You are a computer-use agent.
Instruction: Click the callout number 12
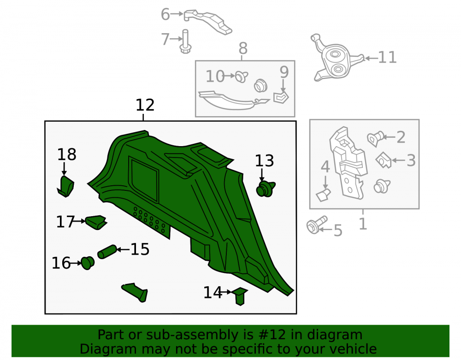click(145, 105)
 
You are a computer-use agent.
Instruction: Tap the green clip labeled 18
click(65, 186)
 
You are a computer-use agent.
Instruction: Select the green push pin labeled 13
click(266, 189)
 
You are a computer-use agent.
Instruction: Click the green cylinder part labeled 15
click(107, 252)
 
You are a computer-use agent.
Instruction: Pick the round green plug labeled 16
click(87, 263)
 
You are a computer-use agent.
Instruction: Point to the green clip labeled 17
click(96, 222)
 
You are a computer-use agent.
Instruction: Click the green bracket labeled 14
click(240, 296)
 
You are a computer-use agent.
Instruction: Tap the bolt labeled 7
click(185, 42)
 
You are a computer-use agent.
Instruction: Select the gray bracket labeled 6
click(207, 22)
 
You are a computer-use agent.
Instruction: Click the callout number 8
click(243, 48)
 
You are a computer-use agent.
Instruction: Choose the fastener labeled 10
click(242, 77)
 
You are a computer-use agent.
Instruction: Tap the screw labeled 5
click(316, 225)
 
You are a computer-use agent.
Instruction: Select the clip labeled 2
click(375, 139)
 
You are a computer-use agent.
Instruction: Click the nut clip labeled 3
click(384, 160)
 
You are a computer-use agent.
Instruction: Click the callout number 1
click(363, 224)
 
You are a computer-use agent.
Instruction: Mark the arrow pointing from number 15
click(123, 249)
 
